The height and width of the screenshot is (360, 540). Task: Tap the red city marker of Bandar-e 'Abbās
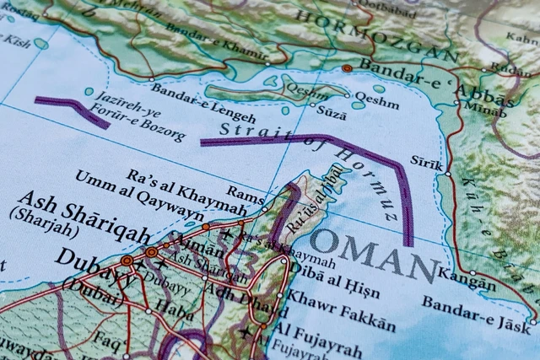(x=347, y=67)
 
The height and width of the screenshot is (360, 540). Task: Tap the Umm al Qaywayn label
(x=139, y=194)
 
